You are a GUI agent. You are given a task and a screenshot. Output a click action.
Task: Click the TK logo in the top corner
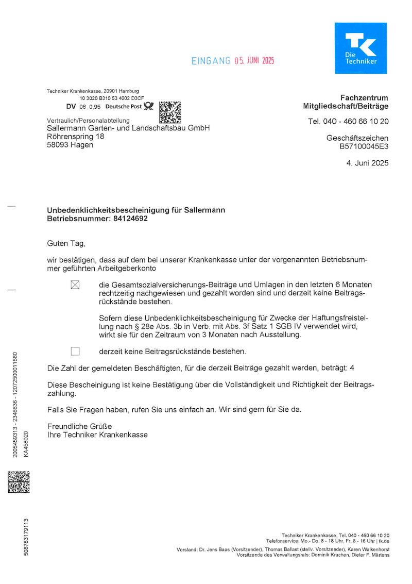[360, 48]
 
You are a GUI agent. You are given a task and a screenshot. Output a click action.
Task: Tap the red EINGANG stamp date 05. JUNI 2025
[254, 61]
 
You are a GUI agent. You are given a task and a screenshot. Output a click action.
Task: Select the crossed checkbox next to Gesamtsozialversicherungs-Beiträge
[75, 285]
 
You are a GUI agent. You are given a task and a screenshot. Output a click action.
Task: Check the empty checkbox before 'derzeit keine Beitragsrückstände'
[75, 352]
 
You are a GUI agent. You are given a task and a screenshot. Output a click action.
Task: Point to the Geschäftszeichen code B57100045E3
[364, 146]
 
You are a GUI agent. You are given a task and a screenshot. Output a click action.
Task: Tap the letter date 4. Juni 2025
[367, 163]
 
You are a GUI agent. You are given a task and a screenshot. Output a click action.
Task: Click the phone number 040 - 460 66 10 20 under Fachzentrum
[355, 122]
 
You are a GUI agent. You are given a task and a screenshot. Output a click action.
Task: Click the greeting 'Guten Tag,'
[65, 243]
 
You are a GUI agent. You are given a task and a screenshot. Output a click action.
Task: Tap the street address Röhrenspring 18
[75, 137]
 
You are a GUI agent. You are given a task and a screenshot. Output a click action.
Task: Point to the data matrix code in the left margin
[19, 482]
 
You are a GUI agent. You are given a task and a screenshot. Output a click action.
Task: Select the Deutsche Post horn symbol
[148, 106]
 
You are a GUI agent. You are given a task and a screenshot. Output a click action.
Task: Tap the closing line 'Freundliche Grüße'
[79, 426]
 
